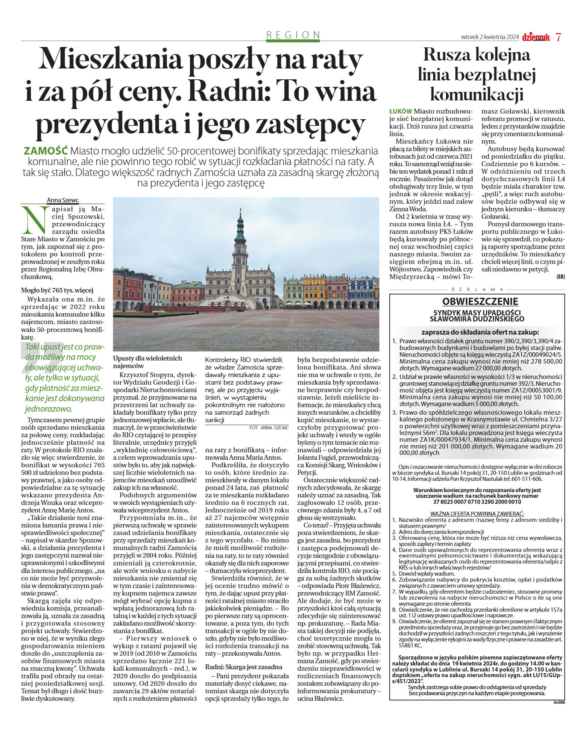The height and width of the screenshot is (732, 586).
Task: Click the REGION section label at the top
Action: [293, 35]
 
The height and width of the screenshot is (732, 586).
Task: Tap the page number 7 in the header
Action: [558, 37]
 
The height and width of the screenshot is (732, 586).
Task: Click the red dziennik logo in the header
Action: [536, 37]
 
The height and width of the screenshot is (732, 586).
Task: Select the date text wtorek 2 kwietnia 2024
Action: [490, 37]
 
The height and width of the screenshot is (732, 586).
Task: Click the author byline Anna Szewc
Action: [63, 200]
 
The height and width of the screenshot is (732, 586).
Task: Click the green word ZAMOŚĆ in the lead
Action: [46, 151]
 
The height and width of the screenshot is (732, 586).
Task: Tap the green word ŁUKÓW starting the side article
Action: [401, 111]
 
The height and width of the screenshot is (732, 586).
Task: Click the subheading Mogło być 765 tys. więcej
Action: [57, 290]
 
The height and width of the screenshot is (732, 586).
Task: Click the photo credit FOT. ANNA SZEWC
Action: [269, 427]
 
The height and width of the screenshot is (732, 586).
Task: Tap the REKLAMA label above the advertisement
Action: [477, 289]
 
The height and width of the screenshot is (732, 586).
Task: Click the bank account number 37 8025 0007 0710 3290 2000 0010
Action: [477, 502]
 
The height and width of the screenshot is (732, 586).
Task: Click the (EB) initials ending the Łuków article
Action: [560, 277]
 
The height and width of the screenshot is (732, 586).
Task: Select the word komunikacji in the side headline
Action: [477, 94]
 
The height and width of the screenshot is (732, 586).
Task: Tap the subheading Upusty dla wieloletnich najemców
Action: [147, 362]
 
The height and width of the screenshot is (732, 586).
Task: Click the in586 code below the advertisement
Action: [559, 702]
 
